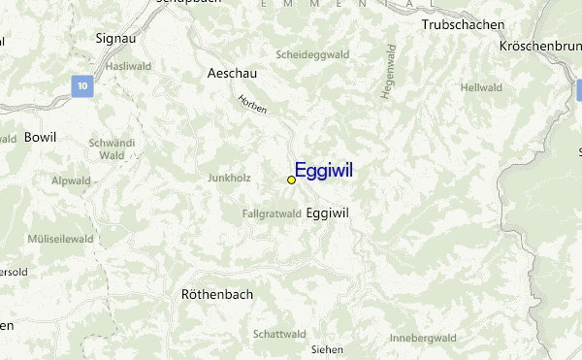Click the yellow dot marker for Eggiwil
click(291, 180)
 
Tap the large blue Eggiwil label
click(323, 171)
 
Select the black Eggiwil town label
click(327, 213)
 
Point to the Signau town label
click(115, 38)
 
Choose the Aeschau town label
click(232, 73)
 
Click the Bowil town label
click(41, 137)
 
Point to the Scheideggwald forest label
click(311, 55)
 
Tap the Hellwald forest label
click(481, 87)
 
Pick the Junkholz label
click(229, 178)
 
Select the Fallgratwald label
click(272, 213)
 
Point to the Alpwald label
click(71, 180)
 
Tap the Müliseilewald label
click(60, 238)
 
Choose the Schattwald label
click(279, 334)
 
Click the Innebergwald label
click(422, 338)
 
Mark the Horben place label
click(252, 104)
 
